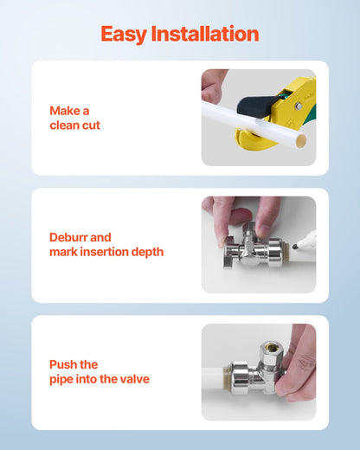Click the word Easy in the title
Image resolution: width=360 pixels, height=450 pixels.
click(123, 35)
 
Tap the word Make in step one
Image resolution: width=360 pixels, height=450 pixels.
click(69, 111)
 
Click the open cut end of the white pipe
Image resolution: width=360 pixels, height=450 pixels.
click(300, 138)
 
